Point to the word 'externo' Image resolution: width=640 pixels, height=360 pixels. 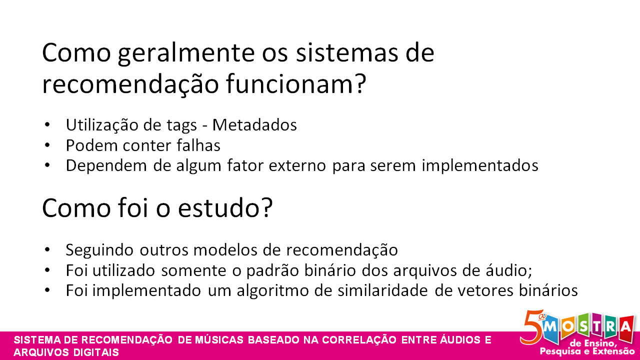click(x=298, y=165)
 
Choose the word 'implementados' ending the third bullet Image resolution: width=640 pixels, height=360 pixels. click(x=480, y=165)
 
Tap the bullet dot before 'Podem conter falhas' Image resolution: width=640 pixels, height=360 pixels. click(x=47, y=145)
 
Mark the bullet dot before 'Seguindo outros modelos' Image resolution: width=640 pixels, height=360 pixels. click(x=47, y=249)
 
